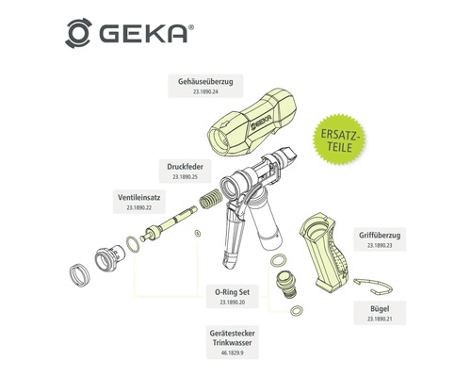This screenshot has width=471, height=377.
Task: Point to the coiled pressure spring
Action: (213, 202)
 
